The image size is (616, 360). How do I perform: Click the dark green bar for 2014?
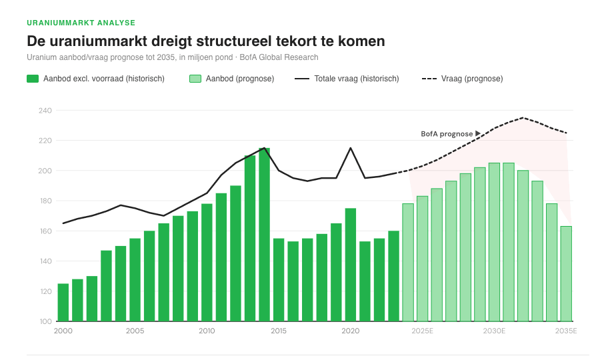pos(264,234)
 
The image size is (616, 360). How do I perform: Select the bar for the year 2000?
pos(63,302)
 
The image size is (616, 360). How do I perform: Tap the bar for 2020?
pos(351,265)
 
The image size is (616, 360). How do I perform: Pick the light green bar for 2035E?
pos(566,273)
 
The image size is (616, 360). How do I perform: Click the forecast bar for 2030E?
pos(494,242)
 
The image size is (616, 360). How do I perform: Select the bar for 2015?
pos(279,279)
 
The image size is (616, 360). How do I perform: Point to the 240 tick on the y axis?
pos(45,111)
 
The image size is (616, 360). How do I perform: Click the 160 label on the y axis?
pos(45,231)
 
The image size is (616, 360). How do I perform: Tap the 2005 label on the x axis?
pos(135,331)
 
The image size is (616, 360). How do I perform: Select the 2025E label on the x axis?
pos(423,331)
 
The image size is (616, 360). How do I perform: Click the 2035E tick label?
pos(566,331)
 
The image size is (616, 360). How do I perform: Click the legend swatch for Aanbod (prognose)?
pos(195,79)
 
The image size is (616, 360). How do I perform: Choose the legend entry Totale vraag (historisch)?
pos(346,79)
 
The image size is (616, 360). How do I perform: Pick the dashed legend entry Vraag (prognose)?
pos(463,79)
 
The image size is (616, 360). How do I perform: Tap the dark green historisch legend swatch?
pos(33,79)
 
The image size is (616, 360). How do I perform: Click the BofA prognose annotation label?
pos(447,134)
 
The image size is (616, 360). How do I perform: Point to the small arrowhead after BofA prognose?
pos(478,134)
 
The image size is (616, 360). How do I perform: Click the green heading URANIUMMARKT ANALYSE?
pos(81,23)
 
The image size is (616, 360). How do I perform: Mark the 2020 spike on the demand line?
pos(351,148)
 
